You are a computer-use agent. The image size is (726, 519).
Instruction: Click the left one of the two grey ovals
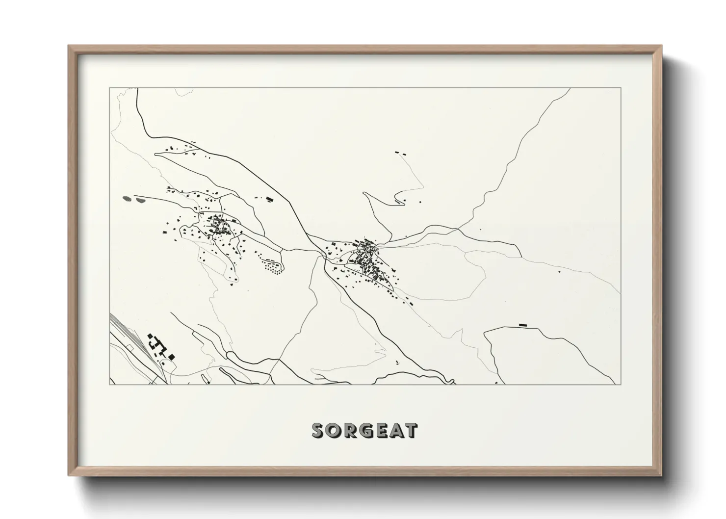click(x=127, y=199)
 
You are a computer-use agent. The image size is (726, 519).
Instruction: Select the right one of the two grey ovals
click(x=141, y=200)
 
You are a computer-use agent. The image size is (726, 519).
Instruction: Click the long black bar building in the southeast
click(x=522, y=324)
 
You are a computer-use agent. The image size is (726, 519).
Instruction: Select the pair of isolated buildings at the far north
click(x=400, y=154)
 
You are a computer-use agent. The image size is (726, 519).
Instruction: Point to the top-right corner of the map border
click(x=621, y=88)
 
